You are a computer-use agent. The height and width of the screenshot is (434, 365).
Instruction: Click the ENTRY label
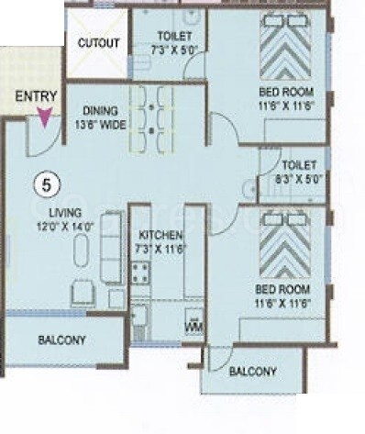[37, 95]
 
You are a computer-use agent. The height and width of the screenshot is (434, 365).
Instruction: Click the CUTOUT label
[98, 43]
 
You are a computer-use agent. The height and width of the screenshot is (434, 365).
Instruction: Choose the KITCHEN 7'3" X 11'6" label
[156, 241]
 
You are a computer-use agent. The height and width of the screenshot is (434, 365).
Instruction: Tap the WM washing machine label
[194, 326]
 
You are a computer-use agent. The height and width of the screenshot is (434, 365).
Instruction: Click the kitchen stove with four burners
[141, 272]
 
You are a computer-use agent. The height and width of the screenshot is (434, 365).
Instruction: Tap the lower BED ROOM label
[282, 295]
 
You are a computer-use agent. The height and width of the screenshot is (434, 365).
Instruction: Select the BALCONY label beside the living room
[62, 340]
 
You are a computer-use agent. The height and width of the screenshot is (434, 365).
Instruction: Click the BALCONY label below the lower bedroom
[252, 372]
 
